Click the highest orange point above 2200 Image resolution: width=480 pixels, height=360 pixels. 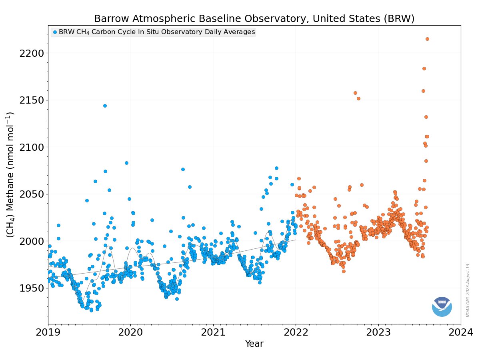pos(427,39)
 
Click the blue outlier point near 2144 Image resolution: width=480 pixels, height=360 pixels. pos(105,106)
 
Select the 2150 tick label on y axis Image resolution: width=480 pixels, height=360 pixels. pos(32,100)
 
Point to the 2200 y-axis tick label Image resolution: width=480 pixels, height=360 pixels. pos(32,53)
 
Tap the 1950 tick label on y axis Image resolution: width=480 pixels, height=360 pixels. pos(32,288)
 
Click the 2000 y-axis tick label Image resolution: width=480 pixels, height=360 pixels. pos(32,241)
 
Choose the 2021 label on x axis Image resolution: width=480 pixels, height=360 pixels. pos(213,332)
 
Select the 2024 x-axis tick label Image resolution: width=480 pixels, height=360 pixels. pos(460,332)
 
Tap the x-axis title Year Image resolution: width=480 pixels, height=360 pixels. pos(254,344)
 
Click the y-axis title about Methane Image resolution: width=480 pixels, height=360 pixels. pos(11,175)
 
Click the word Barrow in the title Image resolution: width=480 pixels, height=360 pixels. pos(110,19)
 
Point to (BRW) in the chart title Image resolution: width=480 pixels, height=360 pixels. pos(400,19)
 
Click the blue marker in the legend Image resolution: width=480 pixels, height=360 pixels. pos(55,32)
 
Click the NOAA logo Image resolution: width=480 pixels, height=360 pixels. pos(442,306)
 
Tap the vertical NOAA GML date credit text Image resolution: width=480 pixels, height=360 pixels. pos(468,290)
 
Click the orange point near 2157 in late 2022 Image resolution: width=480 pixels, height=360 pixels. pos(355,93)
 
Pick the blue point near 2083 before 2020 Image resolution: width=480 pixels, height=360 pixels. pos(126,163)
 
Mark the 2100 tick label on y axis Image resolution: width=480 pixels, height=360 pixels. pos(32,147)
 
